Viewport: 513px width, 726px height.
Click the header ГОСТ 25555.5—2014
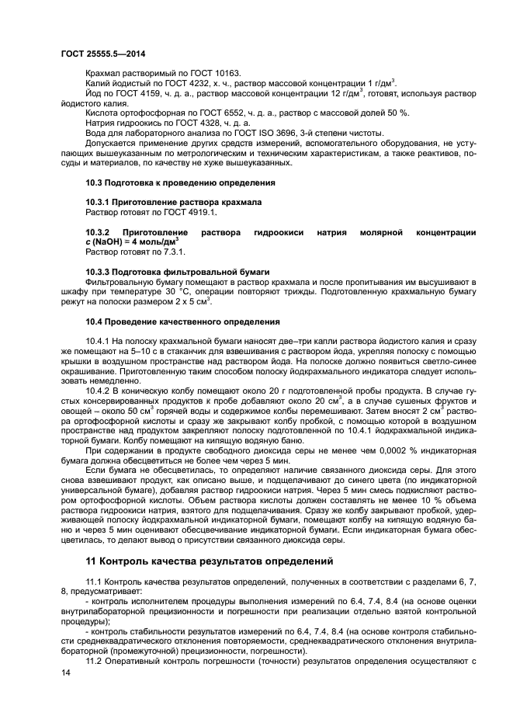102,54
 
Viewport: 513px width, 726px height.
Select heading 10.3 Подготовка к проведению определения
180,182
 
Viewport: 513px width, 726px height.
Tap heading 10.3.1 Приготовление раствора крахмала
173,202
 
